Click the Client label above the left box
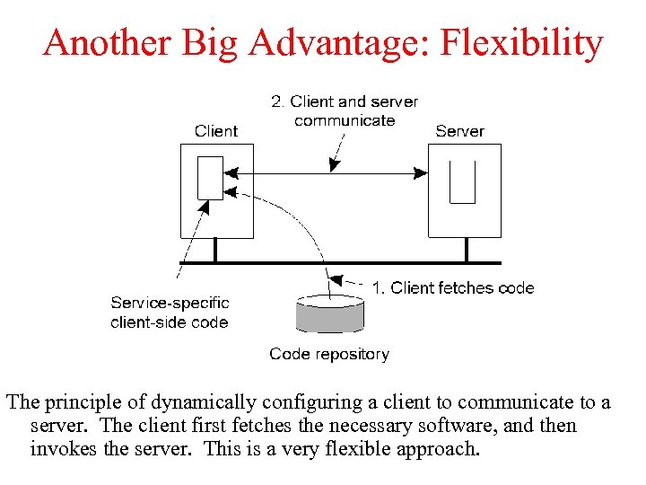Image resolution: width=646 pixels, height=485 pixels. [x=216, y=131]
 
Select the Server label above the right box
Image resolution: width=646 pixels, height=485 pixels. [x=459, y=131]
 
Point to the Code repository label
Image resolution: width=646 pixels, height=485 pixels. [x=329, y=354]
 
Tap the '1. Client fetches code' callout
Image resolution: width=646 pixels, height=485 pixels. [x=453, y=288]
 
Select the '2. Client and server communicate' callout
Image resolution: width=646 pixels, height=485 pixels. [x=345, y=111]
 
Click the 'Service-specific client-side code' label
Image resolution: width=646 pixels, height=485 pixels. [x=170, y=313]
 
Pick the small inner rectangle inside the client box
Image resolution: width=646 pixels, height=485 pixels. [x=210, y=179]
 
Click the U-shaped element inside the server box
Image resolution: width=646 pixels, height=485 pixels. [x=462, y=182]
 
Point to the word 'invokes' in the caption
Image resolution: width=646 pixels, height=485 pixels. [x=60, y=447]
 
